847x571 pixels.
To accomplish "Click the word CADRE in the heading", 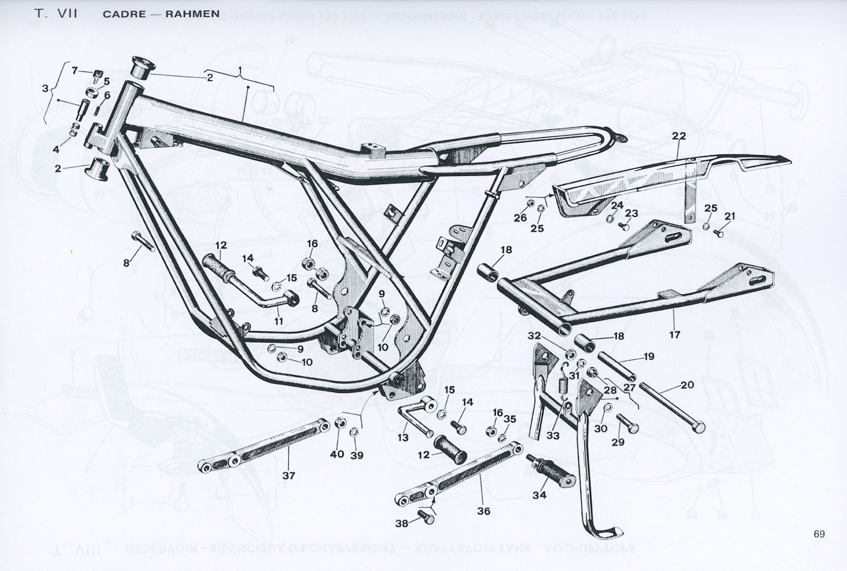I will (x=124, y=14).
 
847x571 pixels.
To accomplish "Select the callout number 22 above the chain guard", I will (x=679, y=135).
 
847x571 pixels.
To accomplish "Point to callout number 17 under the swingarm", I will (x=674, y=335).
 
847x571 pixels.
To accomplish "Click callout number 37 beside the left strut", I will (x=288, y=475).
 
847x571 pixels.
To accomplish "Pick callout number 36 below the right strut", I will (x=484, y=511).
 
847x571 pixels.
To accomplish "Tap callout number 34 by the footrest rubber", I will (x=539, y=494).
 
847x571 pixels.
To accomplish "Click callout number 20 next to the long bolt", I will (x=687, y=385).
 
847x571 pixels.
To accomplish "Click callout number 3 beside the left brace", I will (x=46, y=89).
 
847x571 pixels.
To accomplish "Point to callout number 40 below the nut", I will (x=337, y=454).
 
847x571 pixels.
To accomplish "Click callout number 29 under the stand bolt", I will (x=618, y=442).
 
